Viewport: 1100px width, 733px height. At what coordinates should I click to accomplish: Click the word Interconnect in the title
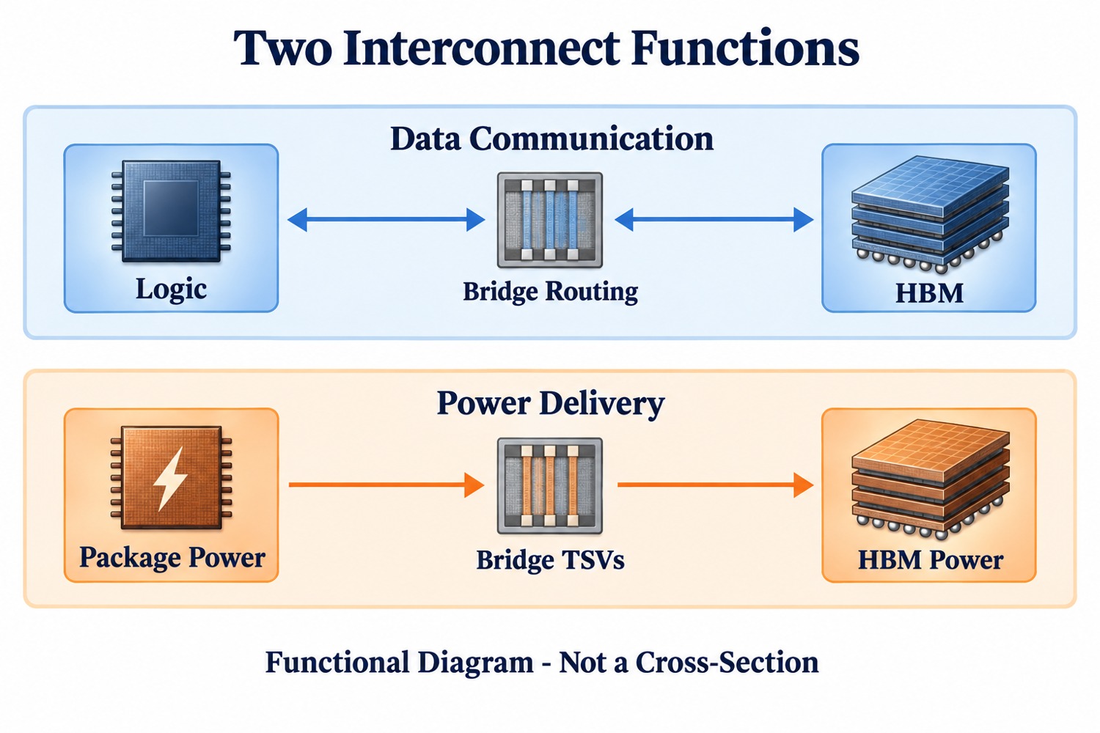click(x=481, y=48)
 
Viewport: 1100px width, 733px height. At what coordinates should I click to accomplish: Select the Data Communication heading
click(x=551, y=139)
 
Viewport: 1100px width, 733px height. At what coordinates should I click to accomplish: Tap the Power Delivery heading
click(x=551, y=404)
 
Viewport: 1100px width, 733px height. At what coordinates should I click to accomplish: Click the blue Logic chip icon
click(x=171, y=211)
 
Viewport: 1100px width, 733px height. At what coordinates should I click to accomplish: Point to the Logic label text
click(x=171, y=290)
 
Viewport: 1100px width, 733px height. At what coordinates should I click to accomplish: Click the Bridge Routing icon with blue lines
click(x=549, y=219)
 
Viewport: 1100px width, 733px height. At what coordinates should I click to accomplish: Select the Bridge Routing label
click(x=551, y=292)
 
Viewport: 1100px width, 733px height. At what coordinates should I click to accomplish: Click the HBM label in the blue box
click(x=929, y=293)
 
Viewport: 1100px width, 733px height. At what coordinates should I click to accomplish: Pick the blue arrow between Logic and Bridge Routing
click(x=386, y=219)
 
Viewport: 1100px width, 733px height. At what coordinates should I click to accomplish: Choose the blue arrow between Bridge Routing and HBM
click(x=714, y=219)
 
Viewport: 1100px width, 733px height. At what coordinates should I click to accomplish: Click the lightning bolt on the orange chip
click(x=170, y=478)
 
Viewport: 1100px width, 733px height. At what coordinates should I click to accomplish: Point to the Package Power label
click(x=172, y=557)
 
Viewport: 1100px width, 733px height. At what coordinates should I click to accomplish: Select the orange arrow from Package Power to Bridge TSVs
click(x=386, y=485)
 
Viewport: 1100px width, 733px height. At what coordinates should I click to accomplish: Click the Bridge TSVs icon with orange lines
click(x=549, y=485)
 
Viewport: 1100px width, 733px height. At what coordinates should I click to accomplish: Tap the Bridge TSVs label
click(x=551, y=560)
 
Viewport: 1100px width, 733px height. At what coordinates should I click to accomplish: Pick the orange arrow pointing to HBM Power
click(x=715, y=485)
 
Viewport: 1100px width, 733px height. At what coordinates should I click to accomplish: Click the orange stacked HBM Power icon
click(x=930, y=479)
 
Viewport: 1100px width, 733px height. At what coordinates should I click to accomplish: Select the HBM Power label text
click(x=930, y=560)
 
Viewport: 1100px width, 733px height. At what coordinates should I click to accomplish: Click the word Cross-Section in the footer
click(x=727, y=663)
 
